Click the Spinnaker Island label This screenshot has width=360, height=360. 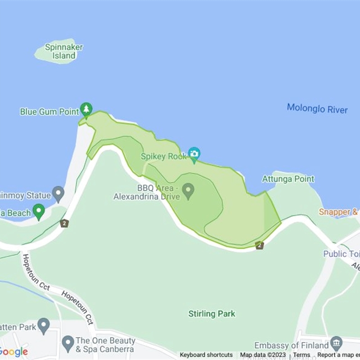coord(64,51)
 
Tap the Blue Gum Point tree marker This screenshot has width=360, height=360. coord(86,109)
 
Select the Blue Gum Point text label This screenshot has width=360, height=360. coord(49,112)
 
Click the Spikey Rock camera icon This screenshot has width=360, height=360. coord(194,154)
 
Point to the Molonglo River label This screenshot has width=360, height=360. coord(317,108)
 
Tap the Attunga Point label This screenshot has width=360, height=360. coord(288,179)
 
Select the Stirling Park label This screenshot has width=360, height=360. coord(211,314)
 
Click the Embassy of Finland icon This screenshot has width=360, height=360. coord(336,343)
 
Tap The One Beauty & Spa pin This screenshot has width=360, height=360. coord(67,343)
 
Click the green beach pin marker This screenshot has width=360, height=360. coord(39,211)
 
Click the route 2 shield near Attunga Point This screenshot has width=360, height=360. coord(259,245)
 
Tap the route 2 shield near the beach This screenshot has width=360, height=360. coord(65,223)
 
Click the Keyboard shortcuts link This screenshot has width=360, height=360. coord(206,355)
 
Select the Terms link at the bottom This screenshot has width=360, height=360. coord(301,355)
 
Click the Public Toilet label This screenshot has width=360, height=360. coord(342,254)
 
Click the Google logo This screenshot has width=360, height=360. coord(13,352)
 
